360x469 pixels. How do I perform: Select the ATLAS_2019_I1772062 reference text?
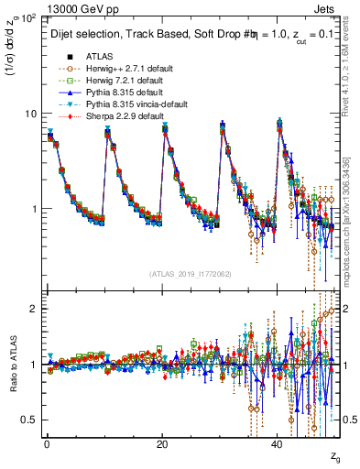coord(191,273)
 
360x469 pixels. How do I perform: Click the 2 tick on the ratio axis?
coord(35,309)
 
